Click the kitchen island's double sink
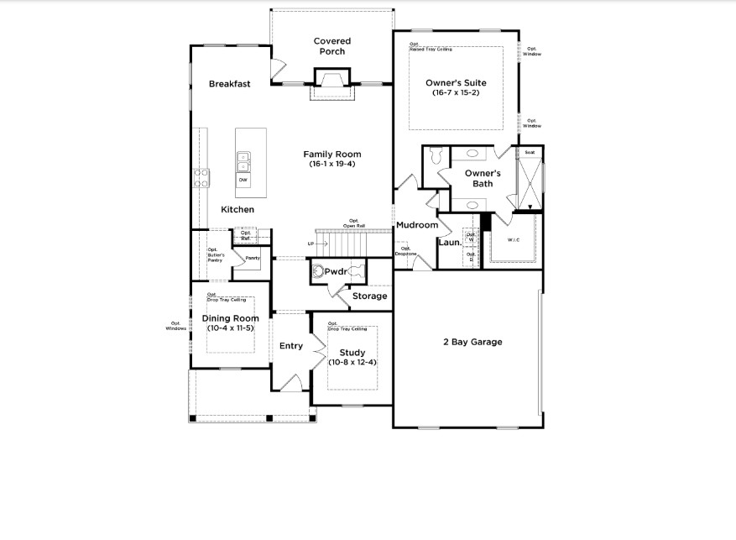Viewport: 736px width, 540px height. pos(243,159)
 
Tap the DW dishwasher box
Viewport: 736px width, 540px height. pos(243,181)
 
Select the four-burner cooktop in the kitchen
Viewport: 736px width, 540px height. pos(202,177)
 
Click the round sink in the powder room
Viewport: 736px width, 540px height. pos(320,270)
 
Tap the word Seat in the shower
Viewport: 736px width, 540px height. pos(530,153)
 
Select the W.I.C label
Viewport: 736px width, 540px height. pos(514,239)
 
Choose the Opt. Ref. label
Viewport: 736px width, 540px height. pos(246,236)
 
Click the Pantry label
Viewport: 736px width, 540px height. pos(252,258)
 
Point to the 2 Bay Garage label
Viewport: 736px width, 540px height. pos(472,342)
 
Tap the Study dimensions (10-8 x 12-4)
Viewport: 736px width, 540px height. pos(352,362)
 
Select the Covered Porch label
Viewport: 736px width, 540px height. pos(332,46)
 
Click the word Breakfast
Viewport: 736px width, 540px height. pos(230,84)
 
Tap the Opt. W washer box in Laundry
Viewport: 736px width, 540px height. pos(471,237)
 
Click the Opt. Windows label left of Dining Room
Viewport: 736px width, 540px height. pos(175,326)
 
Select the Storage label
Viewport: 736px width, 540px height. pos(369,296)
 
